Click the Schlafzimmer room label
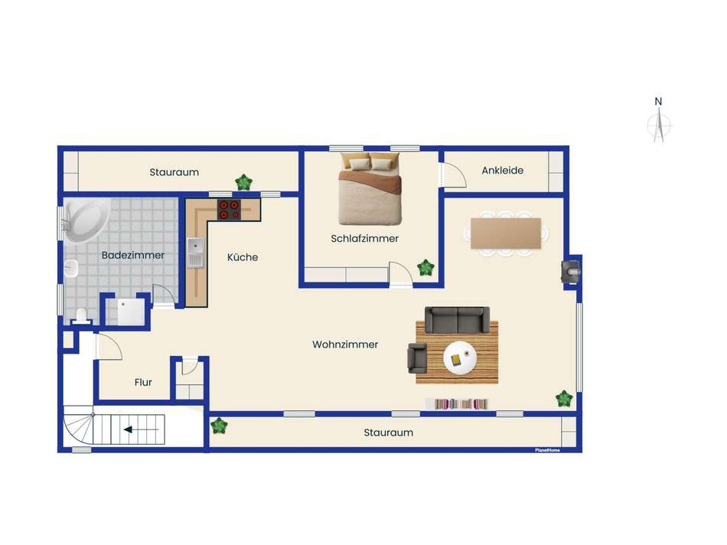(364, 238)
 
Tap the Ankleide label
(502, 170)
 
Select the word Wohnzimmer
(345, 344)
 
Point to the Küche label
(243, 257)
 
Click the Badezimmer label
(132, 255)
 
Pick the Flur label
(143, 382)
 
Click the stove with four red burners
(229, 210)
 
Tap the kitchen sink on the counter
(194, 253)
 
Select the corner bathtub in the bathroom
(86, 220)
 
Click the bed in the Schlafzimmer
(370, 188)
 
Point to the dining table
(506, 233)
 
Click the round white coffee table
(459, 358)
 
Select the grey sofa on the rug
(457, 320)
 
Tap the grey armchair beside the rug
(417, 358)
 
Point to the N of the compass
(658, 101)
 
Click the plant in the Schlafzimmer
(425, 268)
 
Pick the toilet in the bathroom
(82, 315)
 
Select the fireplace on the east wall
(571, 271)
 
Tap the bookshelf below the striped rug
(457, 403)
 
